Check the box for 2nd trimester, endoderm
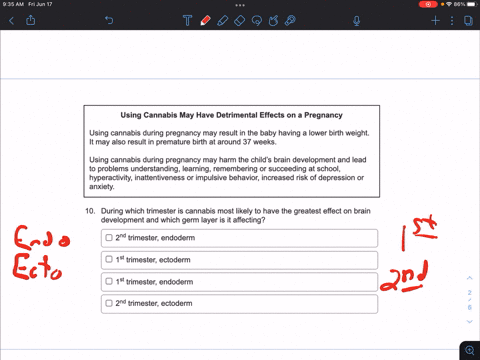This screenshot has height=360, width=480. tap(109, 238)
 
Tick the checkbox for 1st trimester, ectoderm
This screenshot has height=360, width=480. tap(109, 259)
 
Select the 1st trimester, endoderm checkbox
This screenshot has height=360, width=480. tap(109, 281)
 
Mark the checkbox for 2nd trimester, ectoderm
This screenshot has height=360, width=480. tap(109, 303)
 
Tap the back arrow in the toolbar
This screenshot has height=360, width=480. tap(11, 21)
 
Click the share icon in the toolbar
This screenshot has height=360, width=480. tap(31, 20)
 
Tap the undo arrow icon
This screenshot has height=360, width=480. tap(109, 21)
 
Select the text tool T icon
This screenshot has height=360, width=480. tap(188, 21)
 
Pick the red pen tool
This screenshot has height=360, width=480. tap(205, 21)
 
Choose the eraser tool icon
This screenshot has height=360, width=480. tap(240, 21)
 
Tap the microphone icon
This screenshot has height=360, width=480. tap(356, 21)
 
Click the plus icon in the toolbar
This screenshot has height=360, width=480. tap(435, 21)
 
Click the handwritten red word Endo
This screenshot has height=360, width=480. tap(42, 238)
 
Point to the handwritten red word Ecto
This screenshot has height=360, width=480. tap(37, 266)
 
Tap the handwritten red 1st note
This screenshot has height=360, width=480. tap(419, 233)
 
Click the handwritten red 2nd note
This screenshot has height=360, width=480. tap(404, 276)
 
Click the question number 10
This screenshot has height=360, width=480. tap(90, 211)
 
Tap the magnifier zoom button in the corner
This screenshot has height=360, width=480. tap(470, 350)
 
